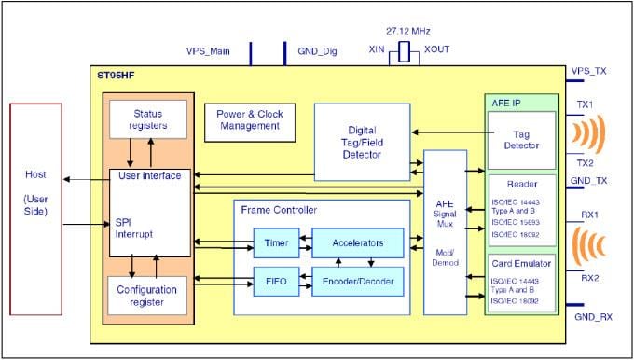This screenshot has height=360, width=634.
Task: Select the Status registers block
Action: point(148,118)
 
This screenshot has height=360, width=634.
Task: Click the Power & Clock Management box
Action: point(248,122)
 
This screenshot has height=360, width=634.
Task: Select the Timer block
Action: point(276,243)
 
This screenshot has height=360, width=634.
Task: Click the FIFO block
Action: point(276,280)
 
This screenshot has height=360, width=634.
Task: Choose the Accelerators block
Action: point(358,243)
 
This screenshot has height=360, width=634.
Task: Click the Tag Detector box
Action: point(521,140)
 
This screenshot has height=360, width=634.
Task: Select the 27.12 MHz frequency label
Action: point(405,31)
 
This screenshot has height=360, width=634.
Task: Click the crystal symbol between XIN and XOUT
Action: point(404,52)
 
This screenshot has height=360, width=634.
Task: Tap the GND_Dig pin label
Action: point(313,53)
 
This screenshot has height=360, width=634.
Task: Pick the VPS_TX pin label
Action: point(589,70)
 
